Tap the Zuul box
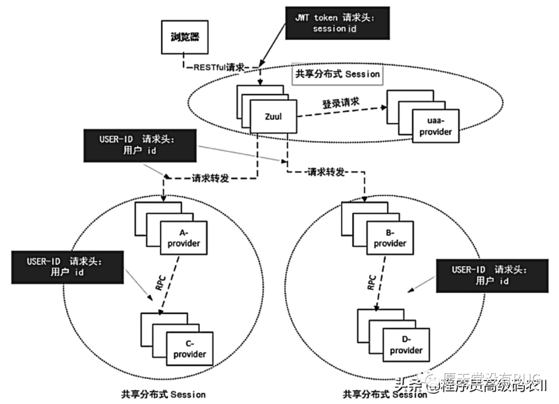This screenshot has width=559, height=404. tap(273, 117)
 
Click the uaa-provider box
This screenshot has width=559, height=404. tap(435, 126)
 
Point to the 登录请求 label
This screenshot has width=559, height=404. tap(341, 103)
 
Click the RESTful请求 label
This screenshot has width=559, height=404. tap(221, 67)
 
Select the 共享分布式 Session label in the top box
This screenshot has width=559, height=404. tap(337, 74)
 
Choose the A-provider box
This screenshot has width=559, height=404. tap(184, 238)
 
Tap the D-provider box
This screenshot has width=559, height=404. tap(406, 345)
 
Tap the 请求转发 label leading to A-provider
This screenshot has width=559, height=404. tap(211, 178)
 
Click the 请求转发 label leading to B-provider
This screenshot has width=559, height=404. tap(325, 171)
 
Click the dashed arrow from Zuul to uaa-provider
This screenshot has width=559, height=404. tap(342, 113)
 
